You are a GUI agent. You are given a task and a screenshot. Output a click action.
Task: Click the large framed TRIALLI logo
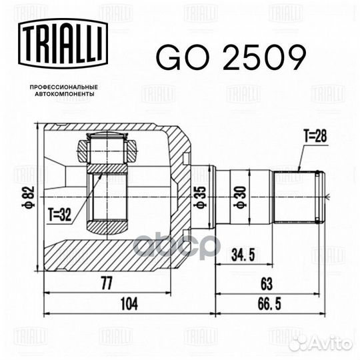tap(63, 43)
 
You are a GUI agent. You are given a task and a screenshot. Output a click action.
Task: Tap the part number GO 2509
tap(231, 57)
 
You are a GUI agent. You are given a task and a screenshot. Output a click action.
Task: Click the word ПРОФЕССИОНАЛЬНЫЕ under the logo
tap(64, 87)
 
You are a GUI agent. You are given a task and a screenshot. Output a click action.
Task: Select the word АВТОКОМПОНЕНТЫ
tap(64, 94)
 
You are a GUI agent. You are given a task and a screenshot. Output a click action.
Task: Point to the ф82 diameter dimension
tap(28, 197)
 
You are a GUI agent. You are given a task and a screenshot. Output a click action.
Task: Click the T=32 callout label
tap(60, 215)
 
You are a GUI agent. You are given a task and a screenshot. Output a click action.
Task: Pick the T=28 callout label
tap(315, 136)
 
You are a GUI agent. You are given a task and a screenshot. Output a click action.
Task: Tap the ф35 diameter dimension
tap(200, 197)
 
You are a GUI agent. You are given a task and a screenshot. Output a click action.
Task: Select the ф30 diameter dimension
tap(240, 197)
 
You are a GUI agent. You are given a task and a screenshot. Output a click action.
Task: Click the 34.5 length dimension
tap(243, 255)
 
